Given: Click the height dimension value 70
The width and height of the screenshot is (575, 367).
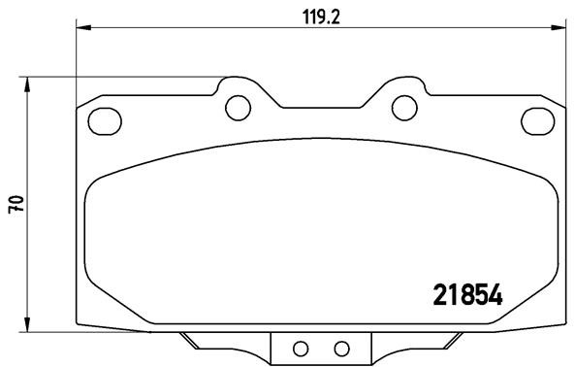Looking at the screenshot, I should [16, 204].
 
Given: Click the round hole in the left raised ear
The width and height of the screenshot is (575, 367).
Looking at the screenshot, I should [235, 107].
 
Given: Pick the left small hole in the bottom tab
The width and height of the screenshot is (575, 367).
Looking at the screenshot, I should [300, 349].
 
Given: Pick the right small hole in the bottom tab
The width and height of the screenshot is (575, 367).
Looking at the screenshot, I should [340, 349].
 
